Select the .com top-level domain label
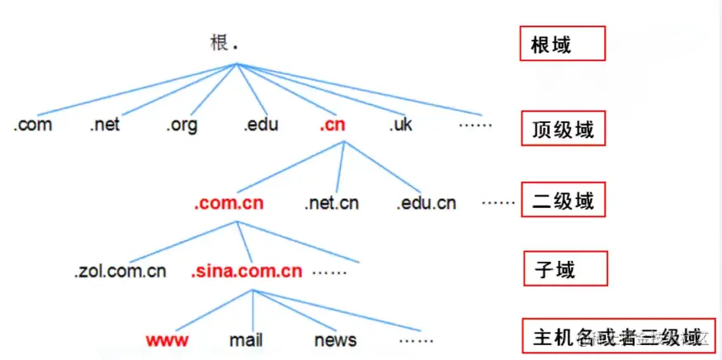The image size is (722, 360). tap(34, 126)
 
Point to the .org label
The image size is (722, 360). tap(182, 126)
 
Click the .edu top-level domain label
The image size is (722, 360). tap(260, 126)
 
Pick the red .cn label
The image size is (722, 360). tap(333, 126)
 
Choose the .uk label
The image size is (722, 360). tap(402, 126)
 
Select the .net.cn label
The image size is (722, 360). tap(331, 202)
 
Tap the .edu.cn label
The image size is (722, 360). tap(426, 202)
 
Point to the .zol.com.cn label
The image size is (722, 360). tap(120, 271)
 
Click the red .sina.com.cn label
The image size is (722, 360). tap(247, 271)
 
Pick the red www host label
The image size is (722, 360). tap(168, 339)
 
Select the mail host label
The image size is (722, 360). tap(246, 339)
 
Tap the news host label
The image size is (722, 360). tap(335, 339)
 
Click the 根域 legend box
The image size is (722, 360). tap(562, 43)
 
